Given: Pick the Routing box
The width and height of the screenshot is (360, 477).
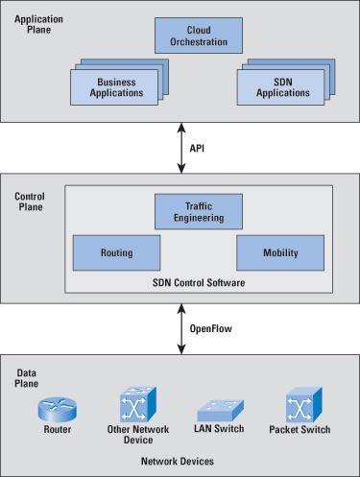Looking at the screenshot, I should click(115, 253).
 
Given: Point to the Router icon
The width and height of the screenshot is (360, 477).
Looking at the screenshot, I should click(58, 407).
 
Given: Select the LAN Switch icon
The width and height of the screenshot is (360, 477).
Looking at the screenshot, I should click(216, 408).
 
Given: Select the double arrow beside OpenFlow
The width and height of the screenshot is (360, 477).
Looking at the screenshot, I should click(180, 329).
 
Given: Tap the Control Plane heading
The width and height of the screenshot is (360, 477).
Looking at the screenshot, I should click(30, 202).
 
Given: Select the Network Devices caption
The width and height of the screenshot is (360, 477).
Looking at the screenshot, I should click(179, 462).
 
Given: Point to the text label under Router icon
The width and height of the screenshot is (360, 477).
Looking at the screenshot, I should click(58, 430).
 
